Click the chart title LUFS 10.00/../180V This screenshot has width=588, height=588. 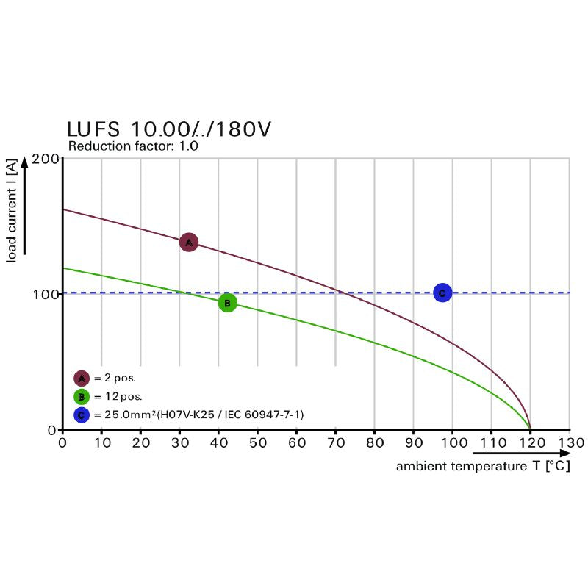pos(169,129)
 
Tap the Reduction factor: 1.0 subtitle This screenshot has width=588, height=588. pos(133,146)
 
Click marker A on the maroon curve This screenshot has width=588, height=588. pos(189,242)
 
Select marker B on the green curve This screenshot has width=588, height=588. pos(228,303)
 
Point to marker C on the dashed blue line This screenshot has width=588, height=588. pos(442,293)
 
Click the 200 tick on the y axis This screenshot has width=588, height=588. pos(46,159)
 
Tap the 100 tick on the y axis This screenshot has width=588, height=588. pos(46,294)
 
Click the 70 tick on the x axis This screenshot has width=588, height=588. pos(335,443)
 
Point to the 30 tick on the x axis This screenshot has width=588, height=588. pos(179,443)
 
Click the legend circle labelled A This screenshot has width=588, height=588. pos(82,379)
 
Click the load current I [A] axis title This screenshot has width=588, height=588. pos(12,213)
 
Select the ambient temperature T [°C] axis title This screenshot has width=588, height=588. pos(483,466)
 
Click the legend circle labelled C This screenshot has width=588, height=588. pos(82,415)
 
